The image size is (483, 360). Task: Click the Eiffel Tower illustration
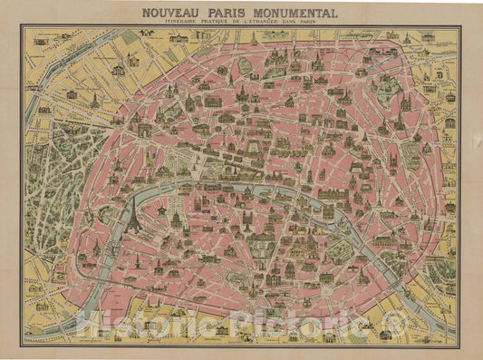pyautogui.click(x=133, y=219)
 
